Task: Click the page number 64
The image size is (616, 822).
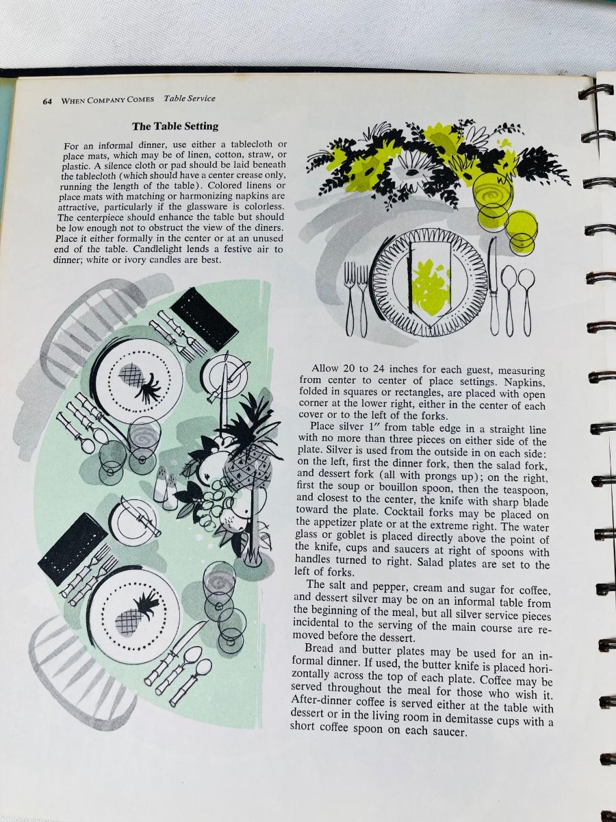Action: click(x=47, y=101)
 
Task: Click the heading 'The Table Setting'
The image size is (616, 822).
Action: click(x=175, y=126)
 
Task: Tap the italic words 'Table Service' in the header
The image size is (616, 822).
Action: click(x=190, y=99)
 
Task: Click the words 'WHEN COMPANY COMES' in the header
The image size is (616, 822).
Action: click(x=107, y=100)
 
